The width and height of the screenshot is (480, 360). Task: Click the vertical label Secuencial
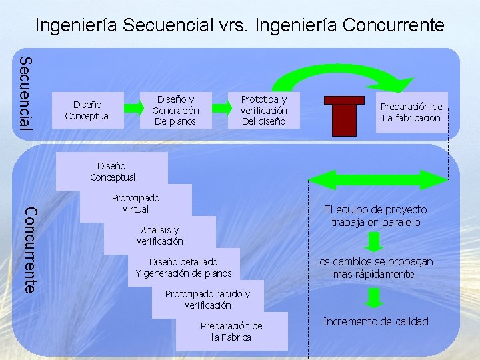[x=25, y=94]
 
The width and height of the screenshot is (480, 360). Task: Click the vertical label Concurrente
[x=30, y=249]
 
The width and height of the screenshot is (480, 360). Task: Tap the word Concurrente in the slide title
[x=393, y=25]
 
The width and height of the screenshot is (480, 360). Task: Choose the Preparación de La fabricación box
[x=411, y=112]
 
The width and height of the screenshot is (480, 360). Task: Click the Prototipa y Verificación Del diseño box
[x=263, y=110]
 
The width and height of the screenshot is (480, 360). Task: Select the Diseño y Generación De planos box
[x=175, y=110]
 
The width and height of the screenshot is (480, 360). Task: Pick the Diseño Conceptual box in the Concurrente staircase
[x=112, y=171]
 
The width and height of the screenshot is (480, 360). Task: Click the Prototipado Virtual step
[x=136, y=203]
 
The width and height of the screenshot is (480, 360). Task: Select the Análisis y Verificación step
[x=160, y=235]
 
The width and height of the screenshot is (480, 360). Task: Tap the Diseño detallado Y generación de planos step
[x=183, y=267]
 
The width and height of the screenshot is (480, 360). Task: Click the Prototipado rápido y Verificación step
[x=207, y=299]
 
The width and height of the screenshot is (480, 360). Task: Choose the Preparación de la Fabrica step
[x=231, y=331]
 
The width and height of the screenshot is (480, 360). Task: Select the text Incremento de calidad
[x=375, y=321]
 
